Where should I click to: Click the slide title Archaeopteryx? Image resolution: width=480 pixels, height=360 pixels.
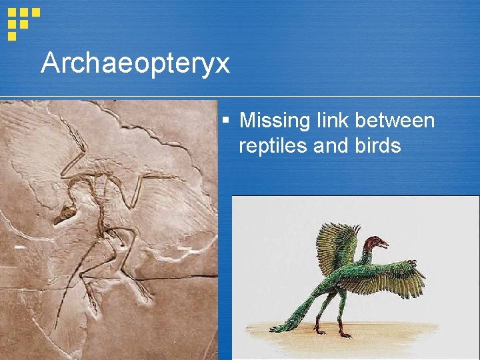135,64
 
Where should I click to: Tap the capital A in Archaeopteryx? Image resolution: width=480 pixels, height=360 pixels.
49,63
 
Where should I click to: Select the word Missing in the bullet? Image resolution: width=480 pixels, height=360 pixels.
271,121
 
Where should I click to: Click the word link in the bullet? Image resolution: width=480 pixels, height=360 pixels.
328,121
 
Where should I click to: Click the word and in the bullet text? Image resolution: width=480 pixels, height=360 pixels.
332,145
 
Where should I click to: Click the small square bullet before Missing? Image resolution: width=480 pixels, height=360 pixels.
227,121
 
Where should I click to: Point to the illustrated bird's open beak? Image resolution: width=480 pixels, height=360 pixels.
385,245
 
